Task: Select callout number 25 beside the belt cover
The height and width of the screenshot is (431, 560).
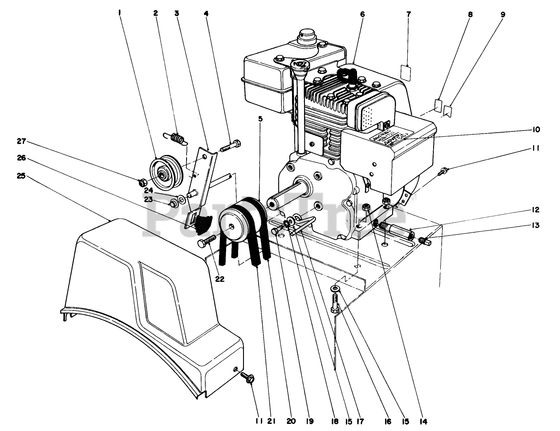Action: coord(21,176)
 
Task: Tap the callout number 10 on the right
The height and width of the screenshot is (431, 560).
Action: coord(536,130)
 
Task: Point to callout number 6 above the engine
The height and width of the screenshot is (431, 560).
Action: coord(362,14)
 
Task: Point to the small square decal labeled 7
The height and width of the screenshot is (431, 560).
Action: coord(405,73)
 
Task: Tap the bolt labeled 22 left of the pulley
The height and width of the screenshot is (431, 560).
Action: coord(207,243)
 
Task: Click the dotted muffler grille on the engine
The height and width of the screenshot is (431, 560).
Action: coord(366,117)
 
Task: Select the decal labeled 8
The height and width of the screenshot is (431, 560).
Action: coord(438,106)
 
